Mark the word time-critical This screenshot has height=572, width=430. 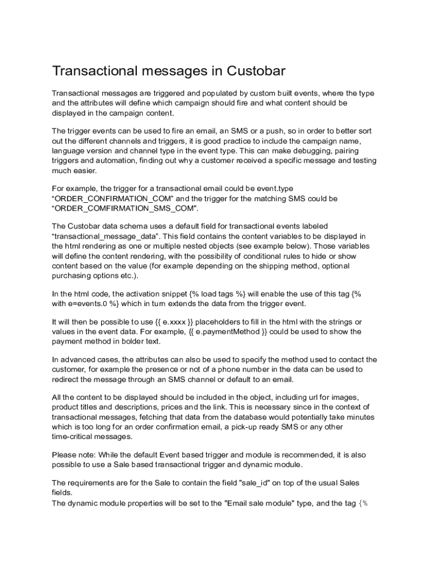[x=74, y=436]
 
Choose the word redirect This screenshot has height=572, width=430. [x=66, y=379]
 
